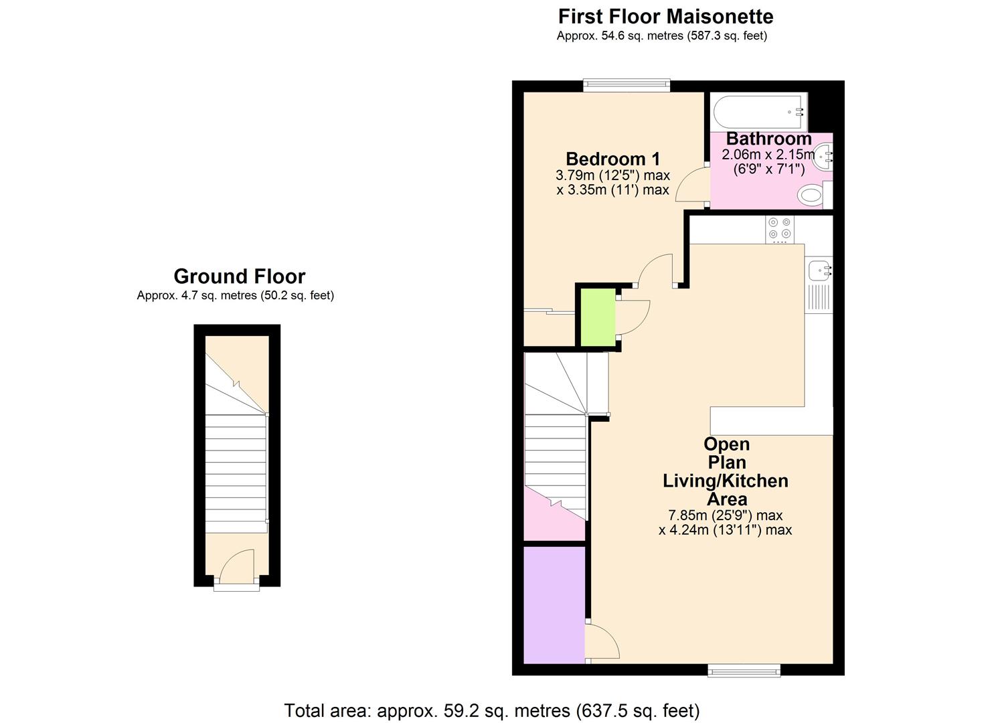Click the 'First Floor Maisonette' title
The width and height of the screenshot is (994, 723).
[665, 16]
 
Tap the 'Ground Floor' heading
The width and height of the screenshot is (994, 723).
[239, 276]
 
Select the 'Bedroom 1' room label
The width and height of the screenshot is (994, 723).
[612, 159]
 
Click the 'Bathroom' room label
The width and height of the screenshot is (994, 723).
[768, 139]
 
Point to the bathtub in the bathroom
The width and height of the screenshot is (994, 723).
[759, 112]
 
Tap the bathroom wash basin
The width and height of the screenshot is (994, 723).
[825, 157]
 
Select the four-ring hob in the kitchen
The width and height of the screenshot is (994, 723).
[779, 229]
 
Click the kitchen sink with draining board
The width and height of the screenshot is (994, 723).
[819, 287]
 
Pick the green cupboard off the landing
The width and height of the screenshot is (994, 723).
[598, 317]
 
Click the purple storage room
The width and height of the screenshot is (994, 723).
[554, 605]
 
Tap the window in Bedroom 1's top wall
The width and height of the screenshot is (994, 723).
[626, 85]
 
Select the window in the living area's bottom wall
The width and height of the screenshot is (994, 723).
[744, 669]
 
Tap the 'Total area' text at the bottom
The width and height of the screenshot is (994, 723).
[491, 710]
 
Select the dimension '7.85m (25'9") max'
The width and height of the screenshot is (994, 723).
[725, 515]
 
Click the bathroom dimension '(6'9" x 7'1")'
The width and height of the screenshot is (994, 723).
[768, 169]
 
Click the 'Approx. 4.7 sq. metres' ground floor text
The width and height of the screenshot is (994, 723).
[235, 295]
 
